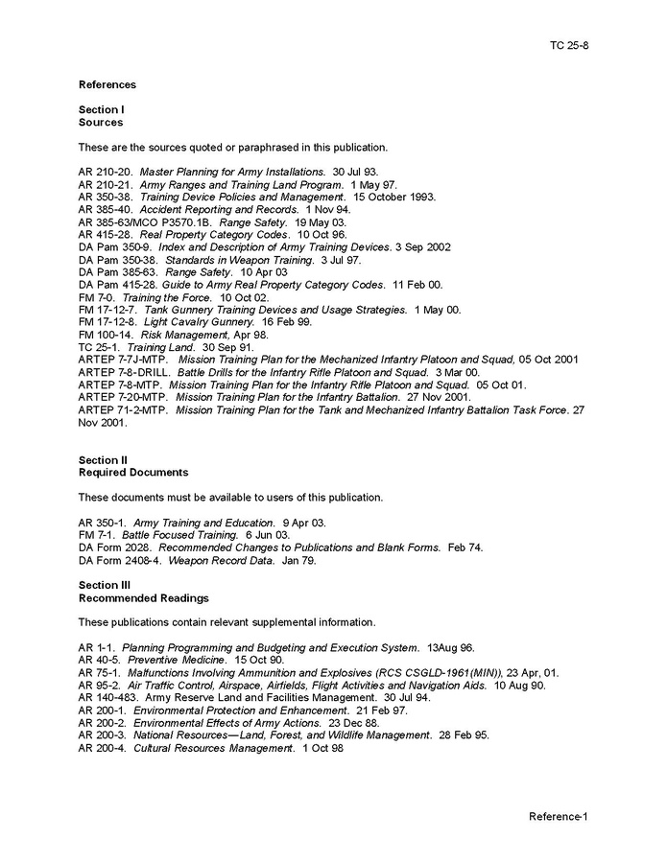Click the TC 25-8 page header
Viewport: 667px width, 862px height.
pyautogui.click(x=569, y=45)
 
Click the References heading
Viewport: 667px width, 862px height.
pyautogui.click(x=107, y=84)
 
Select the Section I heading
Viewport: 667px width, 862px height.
pyautogui.click(x=102, y=110)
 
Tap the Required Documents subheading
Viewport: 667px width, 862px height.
pyautogui.click(x=133, y=472)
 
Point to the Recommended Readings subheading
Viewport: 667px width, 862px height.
pyautogui.click(x=143, y=597)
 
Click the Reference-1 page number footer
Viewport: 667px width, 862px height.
pyautogui.click(x=558, y=816)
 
